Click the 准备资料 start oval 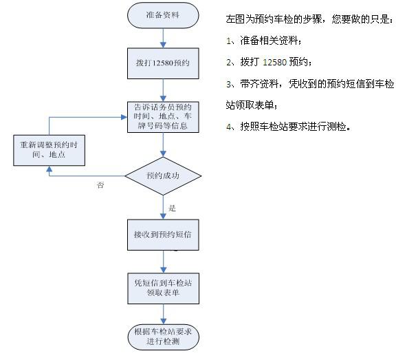163,15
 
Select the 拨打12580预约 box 163,63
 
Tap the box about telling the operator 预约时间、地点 163,117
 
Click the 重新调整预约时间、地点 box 49,150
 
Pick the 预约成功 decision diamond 163,176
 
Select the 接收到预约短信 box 163,235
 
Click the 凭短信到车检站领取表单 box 163,288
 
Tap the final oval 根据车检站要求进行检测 163,337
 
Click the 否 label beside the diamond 100,185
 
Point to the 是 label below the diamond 172,208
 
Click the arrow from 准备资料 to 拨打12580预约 163,38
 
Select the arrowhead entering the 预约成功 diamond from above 163,153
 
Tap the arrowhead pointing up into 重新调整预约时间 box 49,169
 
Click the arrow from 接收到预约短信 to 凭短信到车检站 163,262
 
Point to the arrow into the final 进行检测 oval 163,314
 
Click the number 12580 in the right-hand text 274,62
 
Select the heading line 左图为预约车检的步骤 309,19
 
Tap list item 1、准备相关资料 264,41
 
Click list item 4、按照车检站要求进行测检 288,127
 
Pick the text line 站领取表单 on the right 251,105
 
